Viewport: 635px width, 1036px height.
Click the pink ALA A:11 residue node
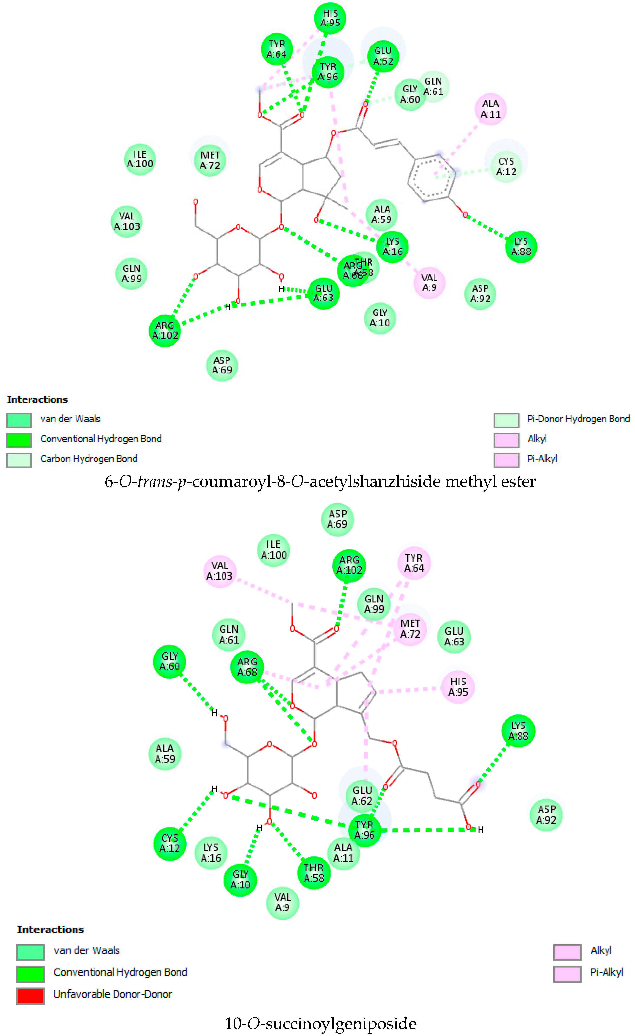pyautogui.click(x=491, y=109)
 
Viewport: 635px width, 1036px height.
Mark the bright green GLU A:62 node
pyautogui.click(x=383, y=56)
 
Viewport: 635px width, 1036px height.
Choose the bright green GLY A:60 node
pyautogui.click(x=170, y=661)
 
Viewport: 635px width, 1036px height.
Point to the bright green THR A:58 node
pyautogui.click(x=314, y=872)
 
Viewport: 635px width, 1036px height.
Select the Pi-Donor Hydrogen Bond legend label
pyautogui.click(x=578, y=419)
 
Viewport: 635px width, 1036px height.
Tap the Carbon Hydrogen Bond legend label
pyautogui.click(x=89, y=459)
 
